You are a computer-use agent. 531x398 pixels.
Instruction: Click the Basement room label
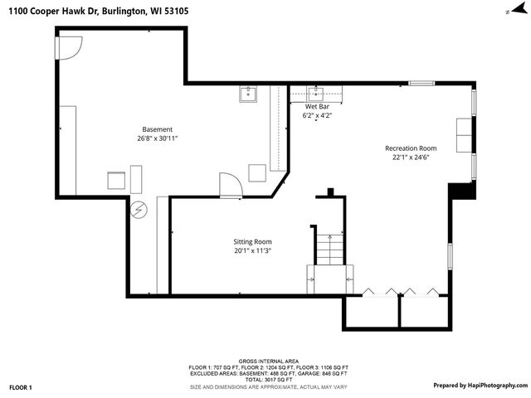(x=157, y=129)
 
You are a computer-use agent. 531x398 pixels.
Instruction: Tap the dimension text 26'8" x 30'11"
(x=157, y=139)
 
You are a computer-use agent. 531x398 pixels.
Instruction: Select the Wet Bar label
(x=318, y=107)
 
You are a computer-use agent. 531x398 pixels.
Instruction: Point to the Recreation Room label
(x=410, y=148)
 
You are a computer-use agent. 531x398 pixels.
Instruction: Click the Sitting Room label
(x=252, y=241)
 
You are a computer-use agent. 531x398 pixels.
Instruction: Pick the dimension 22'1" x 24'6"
(x=410, y=158)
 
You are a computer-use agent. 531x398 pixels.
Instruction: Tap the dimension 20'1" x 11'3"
(x=252, y=250)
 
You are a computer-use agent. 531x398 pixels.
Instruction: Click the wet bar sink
(x=317, y=93)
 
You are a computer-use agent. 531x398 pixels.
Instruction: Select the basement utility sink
(x=249, y=95)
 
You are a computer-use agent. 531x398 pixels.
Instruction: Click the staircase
(x=329, y=249)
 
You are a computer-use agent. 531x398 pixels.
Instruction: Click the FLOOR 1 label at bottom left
(x=21, y=387)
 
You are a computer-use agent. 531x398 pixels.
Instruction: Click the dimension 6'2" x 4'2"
(x=318, y=116)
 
